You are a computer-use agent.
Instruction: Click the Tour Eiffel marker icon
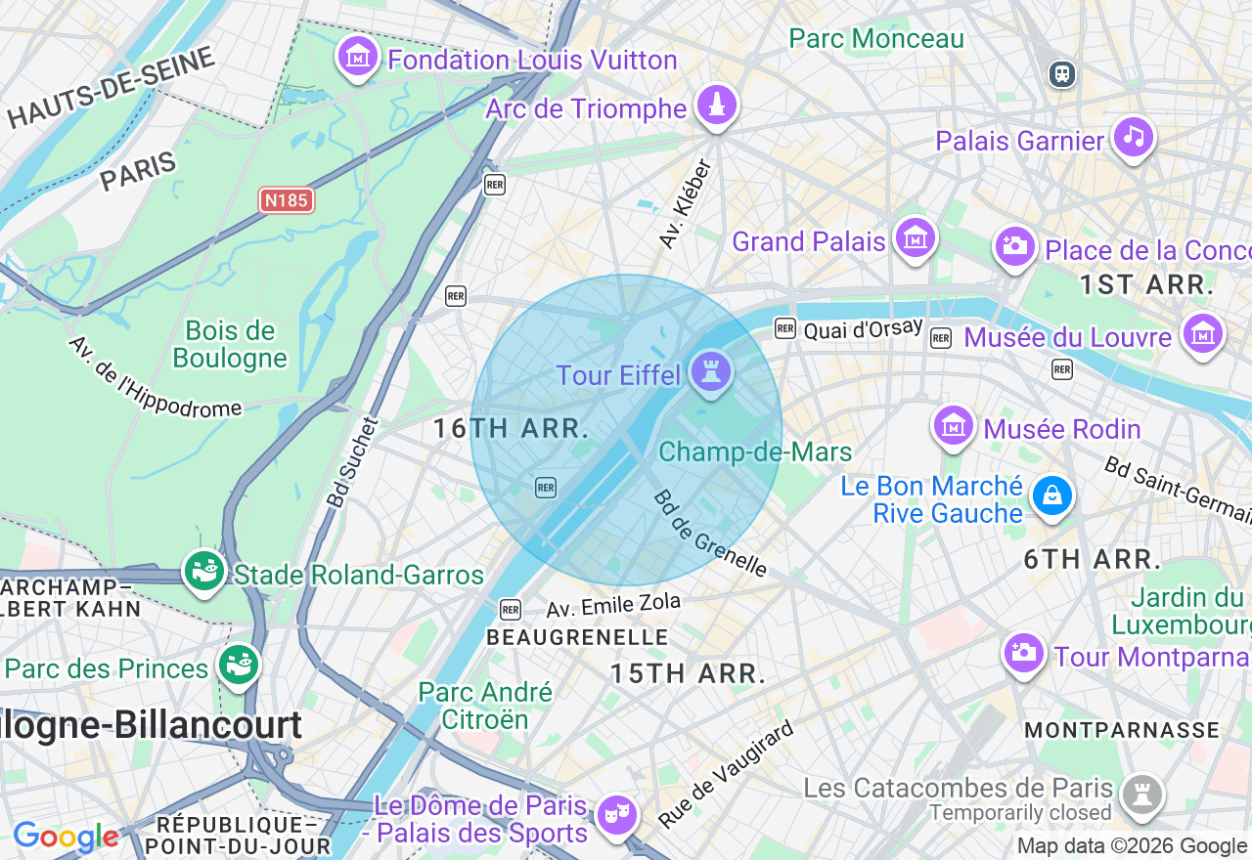(711, 372)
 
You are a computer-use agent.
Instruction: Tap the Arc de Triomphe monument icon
(717, 105)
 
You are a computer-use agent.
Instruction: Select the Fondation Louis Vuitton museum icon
(358, 57)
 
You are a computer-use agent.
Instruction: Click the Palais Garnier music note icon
(1133, 137)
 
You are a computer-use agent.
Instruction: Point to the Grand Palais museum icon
(915, 237)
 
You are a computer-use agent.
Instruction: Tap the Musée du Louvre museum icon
(1202, 334)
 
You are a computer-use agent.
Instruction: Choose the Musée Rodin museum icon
(954, 426)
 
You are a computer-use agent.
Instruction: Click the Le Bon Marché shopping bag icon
(1051, 496)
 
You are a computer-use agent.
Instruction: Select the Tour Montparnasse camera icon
(1024, 653)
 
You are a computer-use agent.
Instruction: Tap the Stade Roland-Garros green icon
(204, 571)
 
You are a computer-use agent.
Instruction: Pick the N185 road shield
(286, 200)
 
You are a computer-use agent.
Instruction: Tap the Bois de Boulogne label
(230, 344)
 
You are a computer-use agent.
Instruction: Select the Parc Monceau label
(876, 38)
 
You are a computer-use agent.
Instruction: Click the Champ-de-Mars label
(755, 451)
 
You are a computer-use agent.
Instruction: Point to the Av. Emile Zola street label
(612, 606)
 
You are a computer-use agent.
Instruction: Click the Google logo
(66, 838)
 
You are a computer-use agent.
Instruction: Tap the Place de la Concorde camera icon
(1015, 246)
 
